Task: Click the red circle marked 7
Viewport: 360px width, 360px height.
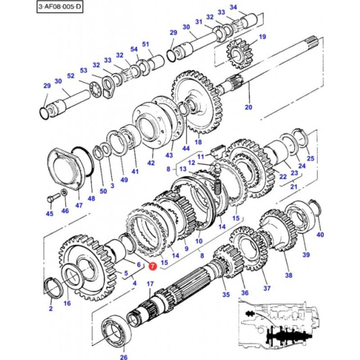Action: (x=153, y=266)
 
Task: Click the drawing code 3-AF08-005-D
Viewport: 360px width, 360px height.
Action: (x=60, y=6)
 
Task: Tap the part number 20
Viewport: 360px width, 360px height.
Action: (x=248, y=107)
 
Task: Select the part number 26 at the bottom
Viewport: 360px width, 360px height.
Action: (x=123, y=357)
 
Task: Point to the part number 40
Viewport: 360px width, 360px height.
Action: (x=320, y=234)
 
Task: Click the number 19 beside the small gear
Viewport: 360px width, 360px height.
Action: (x=262, y=37)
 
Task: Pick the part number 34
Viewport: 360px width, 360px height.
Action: (x=233, y=7)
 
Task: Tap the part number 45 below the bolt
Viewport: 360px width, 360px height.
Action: (x=49, y=213)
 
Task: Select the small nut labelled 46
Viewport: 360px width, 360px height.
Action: (x=64, y=192)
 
